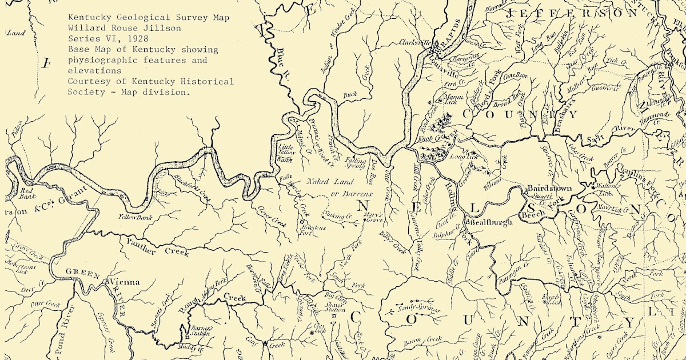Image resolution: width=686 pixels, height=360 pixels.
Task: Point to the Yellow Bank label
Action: (133, 217)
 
